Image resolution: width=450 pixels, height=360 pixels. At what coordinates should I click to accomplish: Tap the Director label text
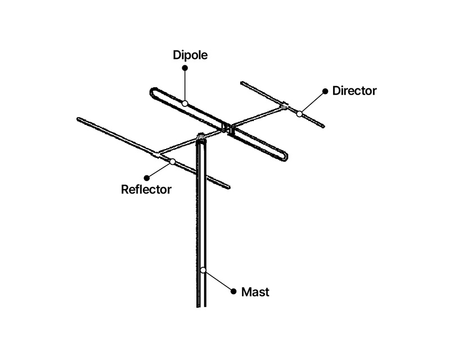[x=354, y=91]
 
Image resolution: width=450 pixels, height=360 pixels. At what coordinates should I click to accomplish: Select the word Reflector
[x=146, y=190]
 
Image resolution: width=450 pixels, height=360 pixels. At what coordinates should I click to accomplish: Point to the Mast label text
[x=255, y=292]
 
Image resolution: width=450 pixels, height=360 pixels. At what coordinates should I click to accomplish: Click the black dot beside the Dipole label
[x=185, y=67]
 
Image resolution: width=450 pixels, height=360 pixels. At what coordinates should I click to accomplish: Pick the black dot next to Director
[x=325, y=91]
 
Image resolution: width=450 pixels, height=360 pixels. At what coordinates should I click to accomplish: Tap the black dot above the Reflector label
[x=147, y=178]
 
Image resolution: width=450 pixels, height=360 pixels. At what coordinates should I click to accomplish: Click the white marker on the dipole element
[x=184, y=103]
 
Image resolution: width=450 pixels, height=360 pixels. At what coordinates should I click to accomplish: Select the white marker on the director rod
[x=299, y=114]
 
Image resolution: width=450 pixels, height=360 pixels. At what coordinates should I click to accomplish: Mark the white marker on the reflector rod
[x=172, y=161]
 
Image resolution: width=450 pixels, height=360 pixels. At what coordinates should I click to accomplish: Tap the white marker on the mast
[x=203, y=270]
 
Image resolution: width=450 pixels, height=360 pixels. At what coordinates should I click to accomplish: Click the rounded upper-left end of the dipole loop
[x=152, y=92]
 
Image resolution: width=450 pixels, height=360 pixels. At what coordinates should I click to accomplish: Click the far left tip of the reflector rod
[x=78, y=119]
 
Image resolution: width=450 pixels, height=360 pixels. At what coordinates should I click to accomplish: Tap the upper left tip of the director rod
[x=242, y=84]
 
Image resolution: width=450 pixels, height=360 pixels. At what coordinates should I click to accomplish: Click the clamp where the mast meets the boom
[x=201, y=137]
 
